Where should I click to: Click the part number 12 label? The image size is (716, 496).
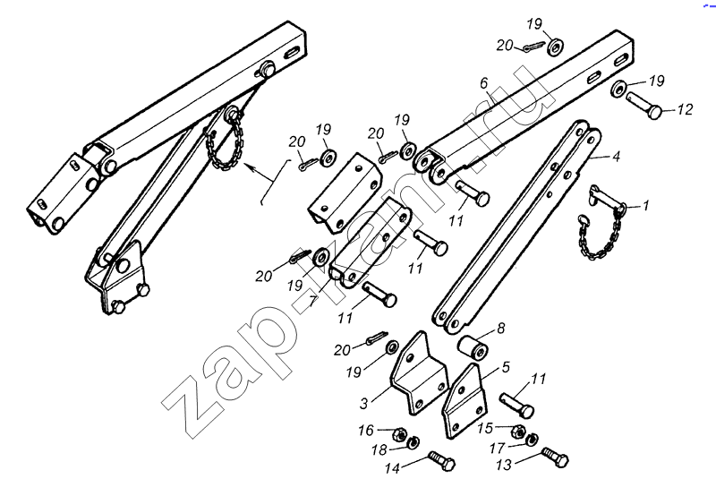pos(685,109)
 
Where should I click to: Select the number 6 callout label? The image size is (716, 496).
pos(484,83)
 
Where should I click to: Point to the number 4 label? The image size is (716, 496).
pos(616,156)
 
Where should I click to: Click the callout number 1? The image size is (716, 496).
pos(645,206)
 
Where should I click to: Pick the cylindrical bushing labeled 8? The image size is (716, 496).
pos(473,347)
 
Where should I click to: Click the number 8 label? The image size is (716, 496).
pos(501,328)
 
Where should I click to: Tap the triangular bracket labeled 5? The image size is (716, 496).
pos(464,401)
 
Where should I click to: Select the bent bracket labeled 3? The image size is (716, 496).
pos(418,373)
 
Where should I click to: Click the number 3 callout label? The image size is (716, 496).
pos(364,404)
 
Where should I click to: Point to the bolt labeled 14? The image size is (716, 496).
pos(442,461)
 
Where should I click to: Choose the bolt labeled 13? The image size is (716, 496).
pos(555,458)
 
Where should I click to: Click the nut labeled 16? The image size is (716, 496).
pos(399,434)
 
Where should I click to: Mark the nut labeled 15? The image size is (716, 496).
pos(519,431)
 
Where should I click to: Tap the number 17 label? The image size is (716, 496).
pos(498,449)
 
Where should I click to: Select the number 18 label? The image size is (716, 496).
pos(379,450)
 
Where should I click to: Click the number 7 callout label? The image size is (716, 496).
pos(312,302)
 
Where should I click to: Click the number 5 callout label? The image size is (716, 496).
pos(506,367)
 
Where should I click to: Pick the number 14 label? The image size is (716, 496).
pos(393,468)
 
